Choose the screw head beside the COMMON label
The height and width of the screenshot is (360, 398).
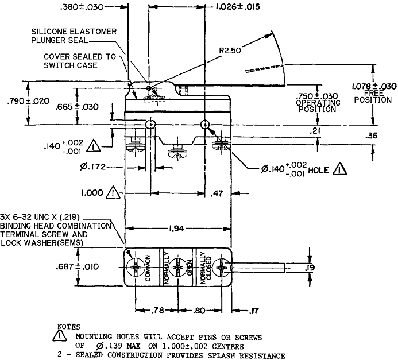(136, 268)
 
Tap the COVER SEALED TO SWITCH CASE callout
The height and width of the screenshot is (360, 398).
(80, 61)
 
